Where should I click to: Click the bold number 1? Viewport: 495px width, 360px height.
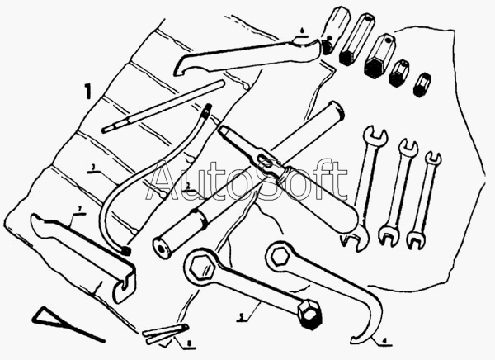point(87,90)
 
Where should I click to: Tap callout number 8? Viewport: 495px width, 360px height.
point(188,341)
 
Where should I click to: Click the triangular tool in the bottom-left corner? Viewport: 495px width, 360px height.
point(58,321)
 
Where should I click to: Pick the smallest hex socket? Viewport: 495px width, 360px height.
point(423,84)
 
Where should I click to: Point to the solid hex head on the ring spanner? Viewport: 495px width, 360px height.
point(309,315)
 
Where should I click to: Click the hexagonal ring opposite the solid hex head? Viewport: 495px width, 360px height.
point(200,265)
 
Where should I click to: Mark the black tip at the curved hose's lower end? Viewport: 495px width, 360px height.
point(125,249)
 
